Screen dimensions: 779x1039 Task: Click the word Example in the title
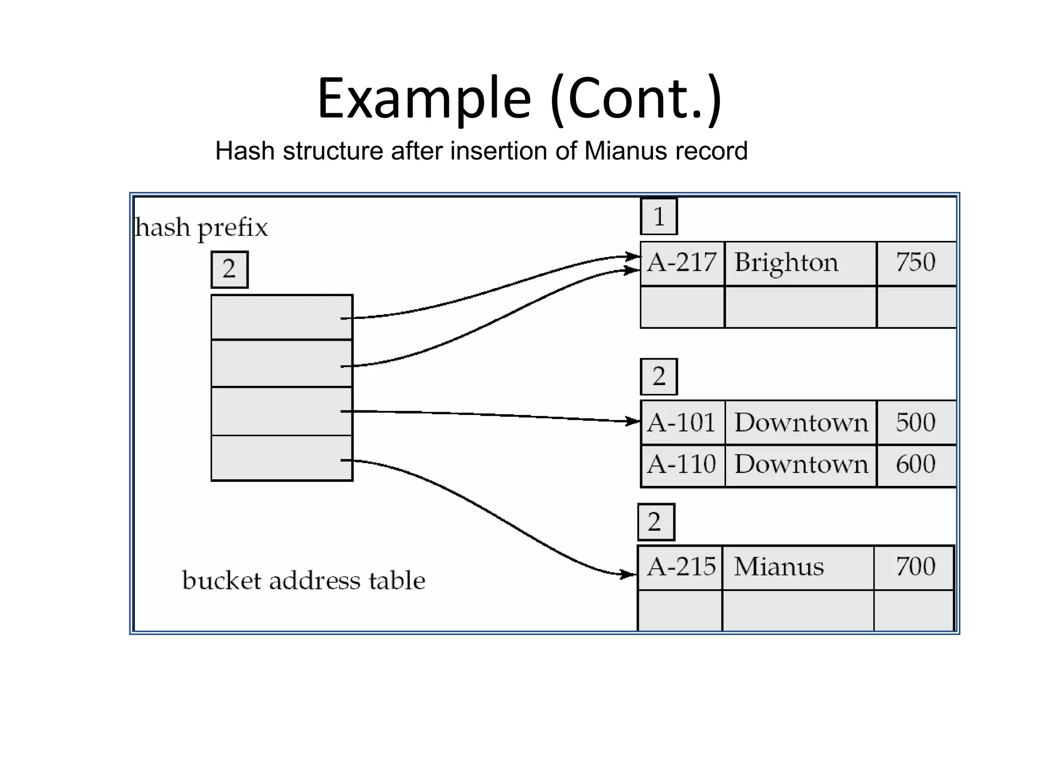tap(424, 99)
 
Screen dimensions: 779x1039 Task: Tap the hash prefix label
tap(201, 228)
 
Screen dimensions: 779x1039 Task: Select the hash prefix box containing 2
tap(229, 269)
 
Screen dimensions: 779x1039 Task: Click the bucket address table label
tap(303, 581)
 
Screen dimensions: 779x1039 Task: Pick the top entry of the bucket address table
tap(282, 317)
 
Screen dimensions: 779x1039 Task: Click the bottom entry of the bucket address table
tap(282, 458)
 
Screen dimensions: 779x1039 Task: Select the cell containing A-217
tap(682, 263)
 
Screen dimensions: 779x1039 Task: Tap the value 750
tap(915, 263)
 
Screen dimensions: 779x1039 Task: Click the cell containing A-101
tap(682, 422)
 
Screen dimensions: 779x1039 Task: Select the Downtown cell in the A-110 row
tap(801, 465)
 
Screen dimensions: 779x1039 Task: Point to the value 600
tap(915, 465)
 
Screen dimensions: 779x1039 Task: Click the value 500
tap(915, 422)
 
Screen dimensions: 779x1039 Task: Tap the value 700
tap(915, 567)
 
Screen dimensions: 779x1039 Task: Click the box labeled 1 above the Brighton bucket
tap(659, 217)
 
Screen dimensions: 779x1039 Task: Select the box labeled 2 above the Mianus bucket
tap(655, 522)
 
